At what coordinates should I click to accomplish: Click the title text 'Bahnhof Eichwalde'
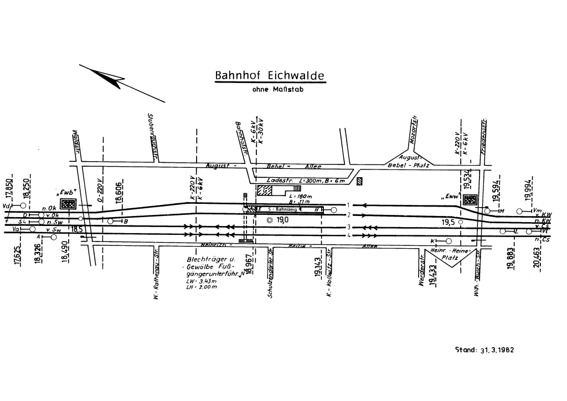[270, 75]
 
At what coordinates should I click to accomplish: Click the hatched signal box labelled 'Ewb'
[68, 204]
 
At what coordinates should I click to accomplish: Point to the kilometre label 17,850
[9, 189]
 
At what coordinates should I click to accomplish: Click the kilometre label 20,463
[536, 258]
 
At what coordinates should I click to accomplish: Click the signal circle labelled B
[111, 221]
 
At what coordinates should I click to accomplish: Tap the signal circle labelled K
[448, 241]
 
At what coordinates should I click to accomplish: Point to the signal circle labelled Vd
[23, 205]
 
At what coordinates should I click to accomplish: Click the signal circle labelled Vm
[520, 211]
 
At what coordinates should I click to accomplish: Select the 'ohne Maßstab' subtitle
[270, 89]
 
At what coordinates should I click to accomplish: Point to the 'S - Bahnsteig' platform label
[281, 210]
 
